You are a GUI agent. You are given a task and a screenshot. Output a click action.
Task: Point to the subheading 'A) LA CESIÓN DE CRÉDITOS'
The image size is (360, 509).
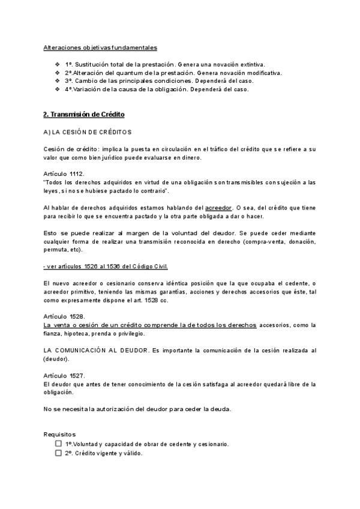tap(88, 131)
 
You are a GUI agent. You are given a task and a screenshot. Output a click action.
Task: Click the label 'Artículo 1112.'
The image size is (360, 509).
tap(64, 173)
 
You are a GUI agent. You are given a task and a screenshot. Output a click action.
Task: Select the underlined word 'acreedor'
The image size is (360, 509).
tap(218, 207)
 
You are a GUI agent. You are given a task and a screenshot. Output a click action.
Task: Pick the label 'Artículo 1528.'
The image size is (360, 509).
tap(64, 316)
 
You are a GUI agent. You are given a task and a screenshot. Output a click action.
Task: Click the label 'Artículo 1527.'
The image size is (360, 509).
tap(64, 375)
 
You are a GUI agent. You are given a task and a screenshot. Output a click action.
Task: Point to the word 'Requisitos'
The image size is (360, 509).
tap(59, 433)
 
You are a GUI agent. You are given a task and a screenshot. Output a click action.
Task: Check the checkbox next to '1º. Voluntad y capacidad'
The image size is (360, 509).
tap(58, 444)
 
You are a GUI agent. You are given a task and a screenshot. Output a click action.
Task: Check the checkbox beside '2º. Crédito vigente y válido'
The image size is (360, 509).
tap(58, 453)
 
